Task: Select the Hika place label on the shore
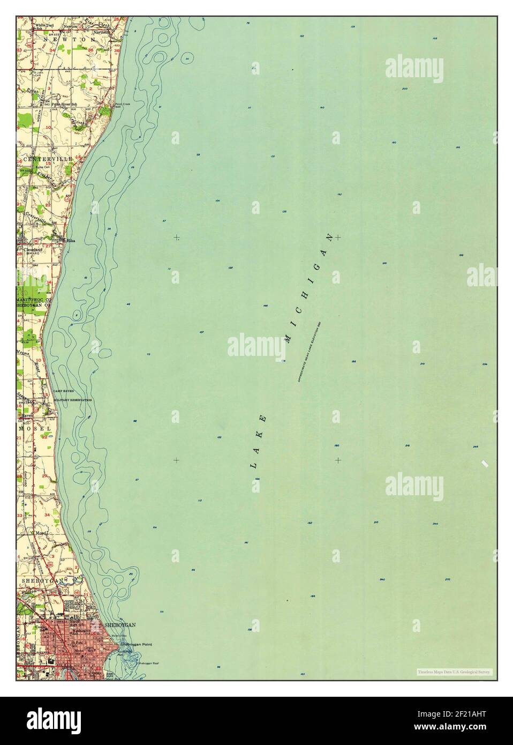70,241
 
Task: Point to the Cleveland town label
32,250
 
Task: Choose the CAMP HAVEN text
63,392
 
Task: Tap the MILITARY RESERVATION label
73,400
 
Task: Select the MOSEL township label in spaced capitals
35,429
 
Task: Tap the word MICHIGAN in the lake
309,288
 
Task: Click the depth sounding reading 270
447,579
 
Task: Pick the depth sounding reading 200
405,88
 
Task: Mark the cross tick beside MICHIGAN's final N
338,236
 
